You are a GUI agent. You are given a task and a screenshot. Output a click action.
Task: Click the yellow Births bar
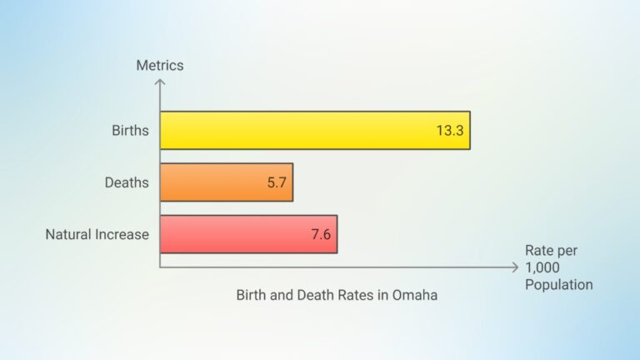[x=314, y=130]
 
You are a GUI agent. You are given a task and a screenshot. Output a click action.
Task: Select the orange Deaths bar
[x=226, y=182]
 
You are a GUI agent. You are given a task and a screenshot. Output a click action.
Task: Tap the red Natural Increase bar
[x=248, y=234]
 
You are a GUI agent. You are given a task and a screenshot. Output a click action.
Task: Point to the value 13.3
[x=449, y=131]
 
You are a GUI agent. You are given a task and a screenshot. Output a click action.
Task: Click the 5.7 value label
[x=277, y=182]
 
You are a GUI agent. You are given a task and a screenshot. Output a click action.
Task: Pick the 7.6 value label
[x=321, y=235]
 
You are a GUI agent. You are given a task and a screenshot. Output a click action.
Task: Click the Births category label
[x=130, y=131]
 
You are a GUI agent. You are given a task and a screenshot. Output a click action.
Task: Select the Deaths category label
[x=127, y=182]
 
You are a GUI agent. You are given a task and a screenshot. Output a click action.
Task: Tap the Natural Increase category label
[x=97, y=235]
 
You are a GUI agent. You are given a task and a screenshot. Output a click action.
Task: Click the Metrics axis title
[x=160, y=65]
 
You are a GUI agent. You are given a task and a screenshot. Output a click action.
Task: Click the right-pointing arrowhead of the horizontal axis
[x=514, y=267]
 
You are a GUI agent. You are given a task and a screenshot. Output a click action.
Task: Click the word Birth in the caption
[x=252, y=296]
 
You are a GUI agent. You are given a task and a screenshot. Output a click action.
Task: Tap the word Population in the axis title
[x=559, y=285]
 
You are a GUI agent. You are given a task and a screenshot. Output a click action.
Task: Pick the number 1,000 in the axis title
[x=542, y=267]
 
